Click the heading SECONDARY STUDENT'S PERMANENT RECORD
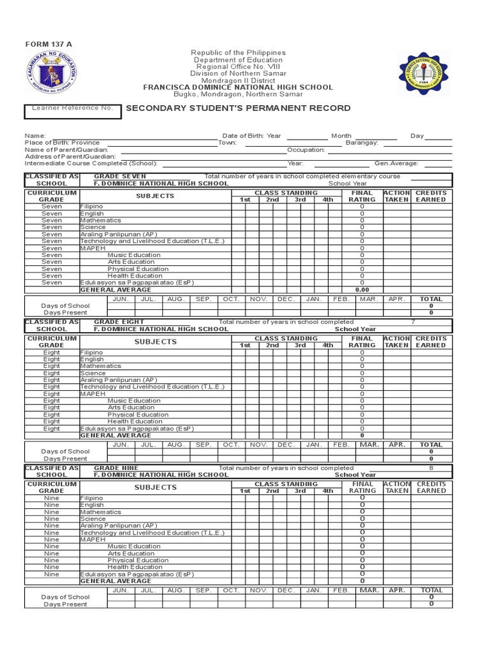238,108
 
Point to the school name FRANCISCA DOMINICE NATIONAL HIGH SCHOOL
238,87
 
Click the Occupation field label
306,150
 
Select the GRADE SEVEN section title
120,176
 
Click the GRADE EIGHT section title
119,322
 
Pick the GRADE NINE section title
116,468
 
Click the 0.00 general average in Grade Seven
362,290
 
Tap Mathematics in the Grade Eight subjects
101,366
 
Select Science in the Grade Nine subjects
93,519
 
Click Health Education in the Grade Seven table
135,275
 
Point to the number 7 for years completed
413,322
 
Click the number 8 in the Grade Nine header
431,468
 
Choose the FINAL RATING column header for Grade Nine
362,487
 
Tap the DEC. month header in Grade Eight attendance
286,444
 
